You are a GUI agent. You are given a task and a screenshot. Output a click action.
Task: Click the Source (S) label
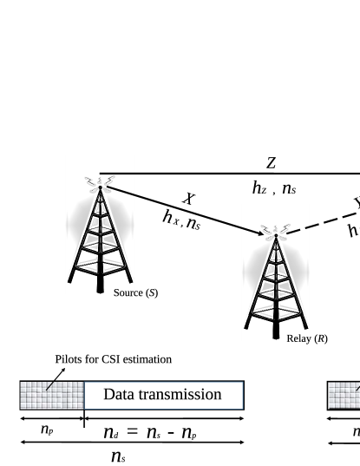tap(135, 292)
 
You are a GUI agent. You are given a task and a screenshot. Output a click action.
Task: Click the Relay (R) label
tap(306, 338)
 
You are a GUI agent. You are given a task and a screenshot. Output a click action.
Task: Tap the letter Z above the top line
tap(271, 162)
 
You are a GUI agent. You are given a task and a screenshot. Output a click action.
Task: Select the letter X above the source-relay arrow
tap(187, 200)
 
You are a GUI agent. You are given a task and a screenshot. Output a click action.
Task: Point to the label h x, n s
tap(181, 221)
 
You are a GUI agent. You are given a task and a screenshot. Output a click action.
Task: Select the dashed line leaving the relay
tap(321, 220)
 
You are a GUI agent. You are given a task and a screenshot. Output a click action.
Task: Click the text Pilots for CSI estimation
tap(113, 359)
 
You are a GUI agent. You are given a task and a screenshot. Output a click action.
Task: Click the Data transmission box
tap(163, 396)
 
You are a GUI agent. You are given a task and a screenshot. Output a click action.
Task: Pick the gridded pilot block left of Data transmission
tap(51, 396)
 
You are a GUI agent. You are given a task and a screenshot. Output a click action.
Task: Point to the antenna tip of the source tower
tap(100, 187)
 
